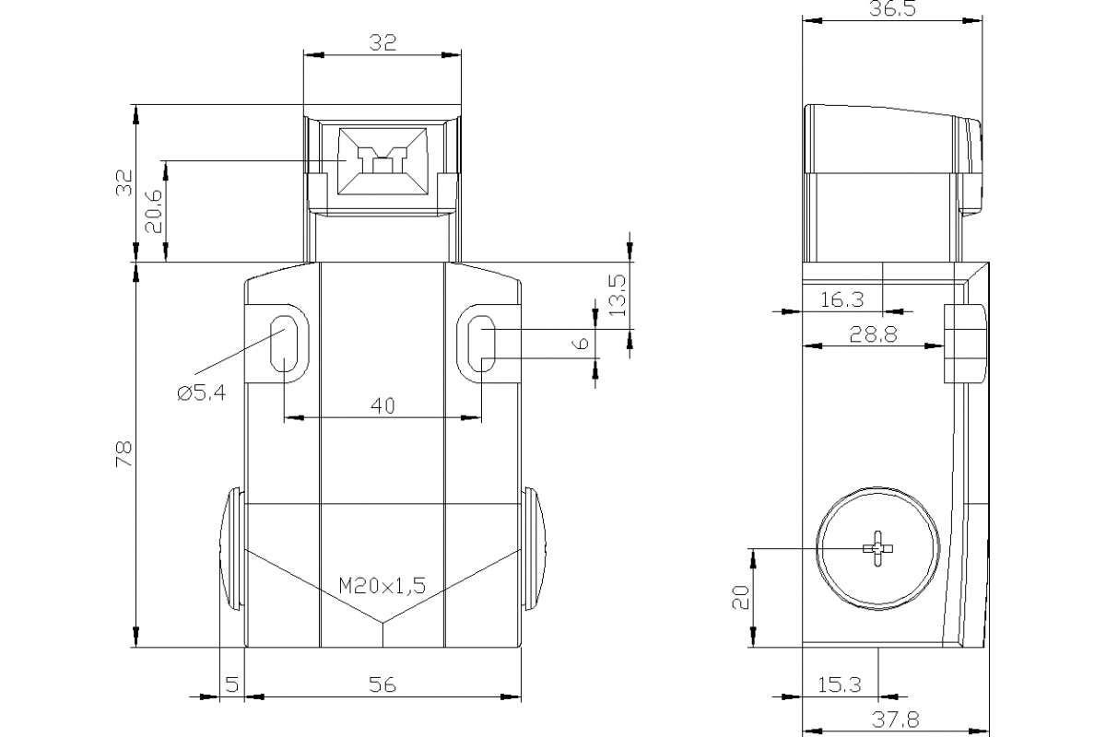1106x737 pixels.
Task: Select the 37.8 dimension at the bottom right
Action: (893, 719)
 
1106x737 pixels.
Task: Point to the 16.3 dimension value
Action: (841, 299)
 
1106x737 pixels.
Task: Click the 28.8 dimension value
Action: (872, 334)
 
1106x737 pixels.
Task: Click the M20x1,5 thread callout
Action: (382, 584)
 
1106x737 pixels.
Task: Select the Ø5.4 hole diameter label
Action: (200, 393)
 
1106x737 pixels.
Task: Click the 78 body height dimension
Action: (124, 454)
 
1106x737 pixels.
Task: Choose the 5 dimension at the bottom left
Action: (231, 684)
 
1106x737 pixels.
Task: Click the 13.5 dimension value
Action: (617, 292)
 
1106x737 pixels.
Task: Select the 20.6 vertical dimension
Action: (154, 210)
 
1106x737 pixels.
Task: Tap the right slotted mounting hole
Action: (482, 344)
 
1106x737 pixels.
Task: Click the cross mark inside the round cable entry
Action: (877, 549)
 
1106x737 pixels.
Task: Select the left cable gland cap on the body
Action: (231, 550)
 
